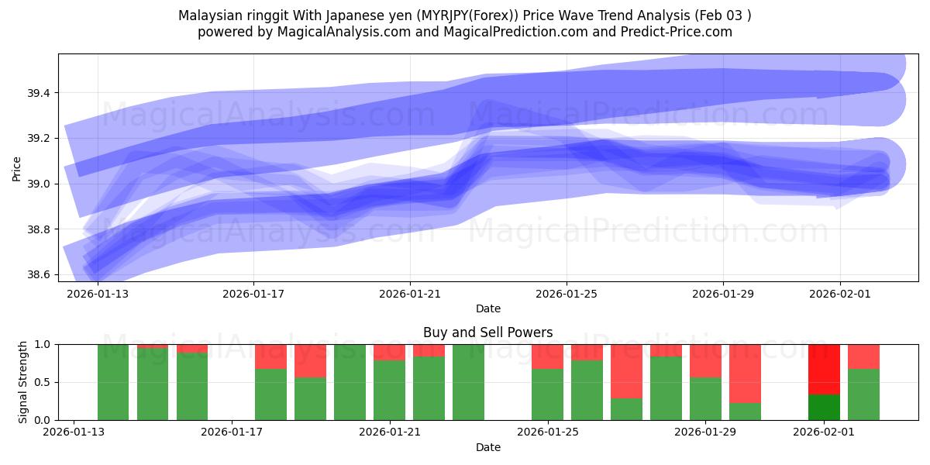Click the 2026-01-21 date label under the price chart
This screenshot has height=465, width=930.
click(x=409, y=294)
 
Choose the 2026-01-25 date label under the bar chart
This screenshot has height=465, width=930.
click(x=547, y=432)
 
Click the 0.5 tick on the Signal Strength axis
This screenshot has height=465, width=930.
click(x=44, y=382)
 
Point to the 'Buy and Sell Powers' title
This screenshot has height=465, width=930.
click(x=487, y=332)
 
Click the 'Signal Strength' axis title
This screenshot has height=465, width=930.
click(x=23, y=381)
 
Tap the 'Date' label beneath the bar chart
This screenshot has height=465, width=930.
click(x=487, y=447)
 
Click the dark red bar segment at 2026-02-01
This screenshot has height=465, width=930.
click(x=824, y=369)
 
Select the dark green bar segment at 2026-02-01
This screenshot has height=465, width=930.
click(x=824, y=407)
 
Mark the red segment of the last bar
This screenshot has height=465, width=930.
click(x=863, y=356)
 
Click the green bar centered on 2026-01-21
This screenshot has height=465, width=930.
click(x=389, y=390)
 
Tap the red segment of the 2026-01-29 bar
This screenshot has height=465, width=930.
click(x=705, y=360)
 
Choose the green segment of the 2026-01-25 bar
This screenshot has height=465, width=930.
click(x=547, y=394)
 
